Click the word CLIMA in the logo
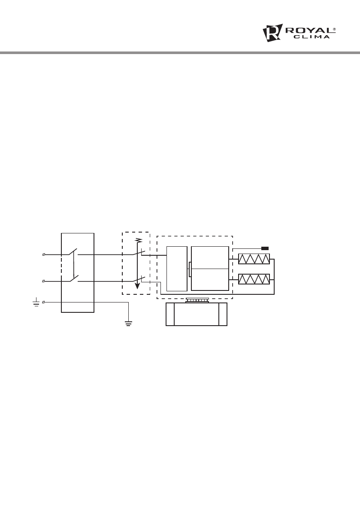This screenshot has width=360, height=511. pos(312,37)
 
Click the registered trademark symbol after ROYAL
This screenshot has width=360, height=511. pos(334,29)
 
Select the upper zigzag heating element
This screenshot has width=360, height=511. pos(254,259)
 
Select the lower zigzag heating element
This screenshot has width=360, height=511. pos(254,279)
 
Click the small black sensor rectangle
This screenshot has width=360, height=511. pos(265,248)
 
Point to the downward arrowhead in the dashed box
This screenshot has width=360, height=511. pos(137,286)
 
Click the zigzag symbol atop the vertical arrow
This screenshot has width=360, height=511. pos(139,241)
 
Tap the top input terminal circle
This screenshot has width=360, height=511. pos(44,254)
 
